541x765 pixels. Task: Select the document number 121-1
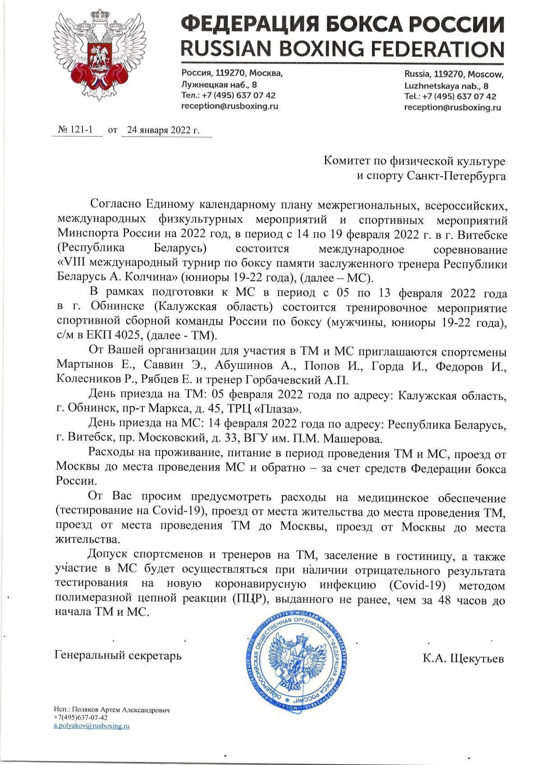click(x=81, y=130)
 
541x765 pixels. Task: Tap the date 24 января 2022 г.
click(x=163, y=130)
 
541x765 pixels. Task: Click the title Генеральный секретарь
click(x=118, y=655)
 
